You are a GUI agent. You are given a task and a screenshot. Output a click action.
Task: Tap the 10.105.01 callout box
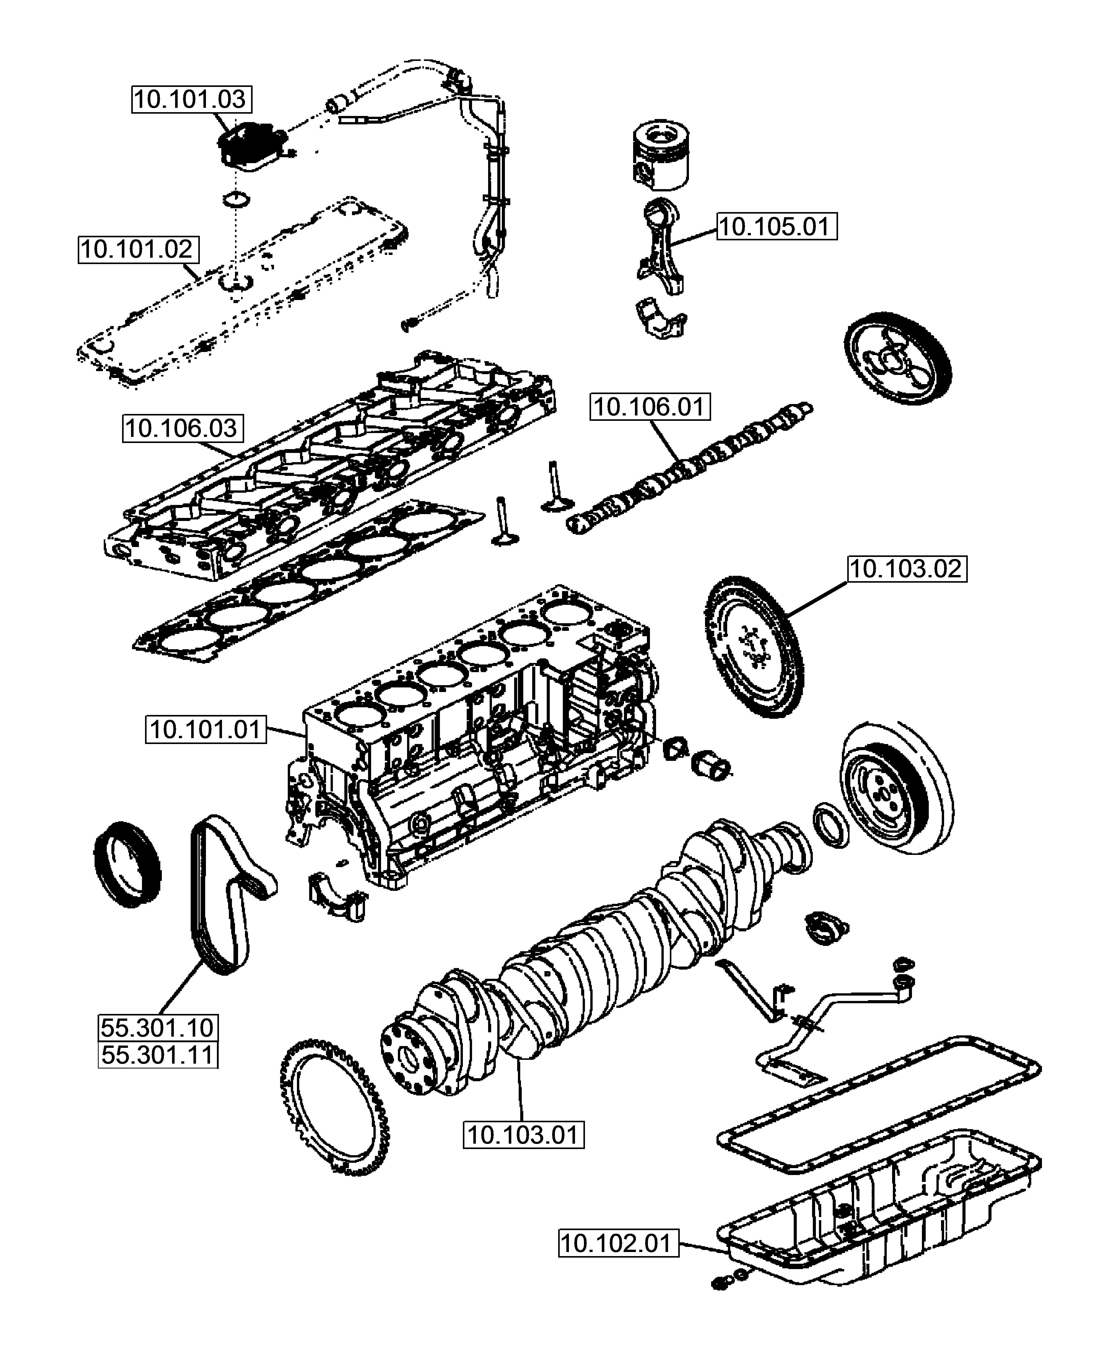pyautogui.click(x=776, y=227)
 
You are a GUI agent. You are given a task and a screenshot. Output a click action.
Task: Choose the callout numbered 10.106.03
pyautogui.click(x=182, y=428)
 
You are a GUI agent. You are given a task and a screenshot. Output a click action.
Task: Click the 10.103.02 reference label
pyautogui.click(x=906, y=568)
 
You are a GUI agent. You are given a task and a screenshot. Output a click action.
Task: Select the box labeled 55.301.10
pyautogui.click(x=157, y=1028)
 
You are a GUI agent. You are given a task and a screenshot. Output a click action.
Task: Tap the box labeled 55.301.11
pyautogui.click(x=157, y=1055)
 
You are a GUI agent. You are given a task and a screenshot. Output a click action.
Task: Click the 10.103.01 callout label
pyautogui.click(x=523, y=1135)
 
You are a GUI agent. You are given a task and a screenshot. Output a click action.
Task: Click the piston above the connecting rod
pyautogui.click(x=662, y=157)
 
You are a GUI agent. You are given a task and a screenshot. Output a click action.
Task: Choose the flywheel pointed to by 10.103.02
pyautogui.click(x=754, y=645)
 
